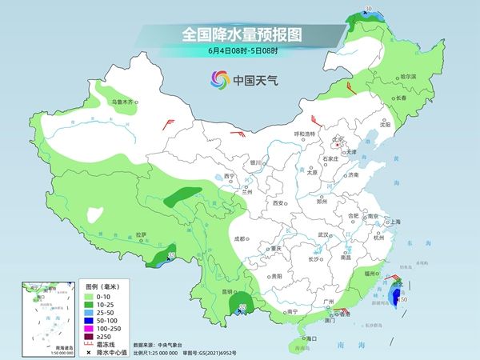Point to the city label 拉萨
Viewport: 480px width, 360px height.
tap(142, 234)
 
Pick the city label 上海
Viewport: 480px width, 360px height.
tap(393, 222)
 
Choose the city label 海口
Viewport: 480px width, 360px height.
tap(312, 339)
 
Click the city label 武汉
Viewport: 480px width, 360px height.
tap(324, 234)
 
